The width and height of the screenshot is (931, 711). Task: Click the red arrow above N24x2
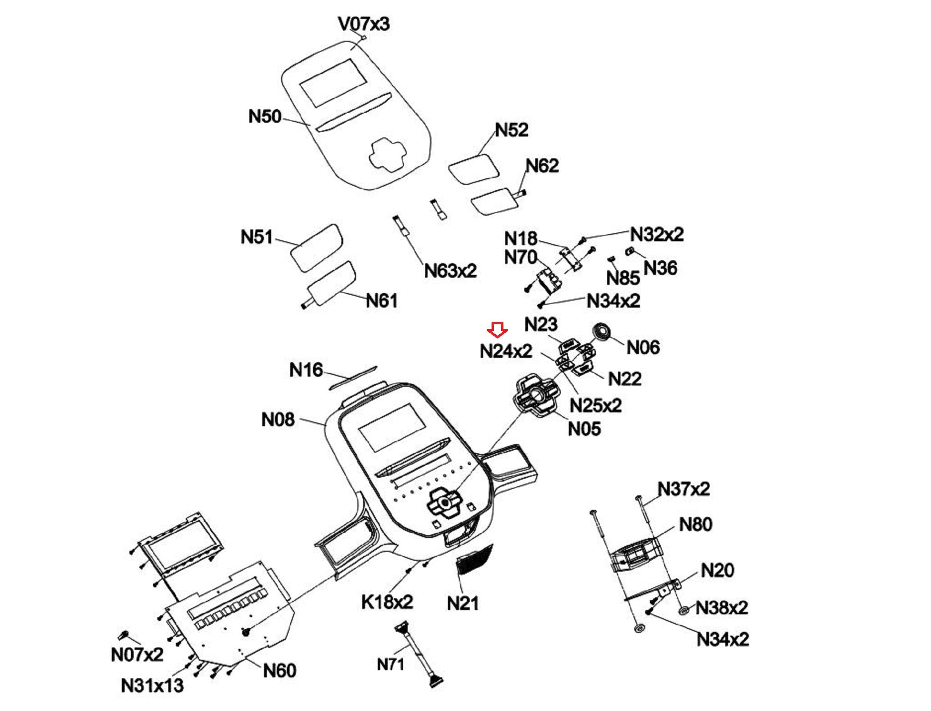click(x=497, y=329)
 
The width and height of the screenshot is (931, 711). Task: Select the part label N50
click(x=265, y=116)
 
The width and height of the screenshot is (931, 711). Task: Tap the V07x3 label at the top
click(x=364, y=24)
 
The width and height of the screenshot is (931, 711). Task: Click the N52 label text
click(x=511, y=130)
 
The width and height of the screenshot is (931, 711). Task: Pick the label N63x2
click(x=450, y=271)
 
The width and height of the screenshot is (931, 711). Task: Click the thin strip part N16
click(x=353, y=377)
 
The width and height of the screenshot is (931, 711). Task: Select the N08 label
click(x=278, y=419)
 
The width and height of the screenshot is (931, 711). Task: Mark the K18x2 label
click(x=387, y=602)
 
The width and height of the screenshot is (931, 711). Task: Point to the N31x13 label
click(x=152, y=685)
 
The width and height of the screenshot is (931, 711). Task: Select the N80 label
click(x=695, y=525)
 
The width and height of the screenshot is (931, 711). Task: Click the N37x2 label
click(x=684, y=489)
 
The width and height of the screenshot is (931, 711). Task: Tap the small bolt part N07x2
click(x=124, y=634)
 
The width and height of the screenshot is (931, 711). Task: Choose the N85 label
click(x=623, y=278)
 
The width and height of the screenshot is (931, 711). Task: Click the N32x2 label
click(x=657, y=234)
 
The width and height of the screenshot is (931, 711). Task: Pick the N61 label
click(x=382, y=301)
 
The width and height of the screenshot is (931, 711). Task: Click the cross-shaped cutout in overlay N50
click(x=388, y=154)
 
